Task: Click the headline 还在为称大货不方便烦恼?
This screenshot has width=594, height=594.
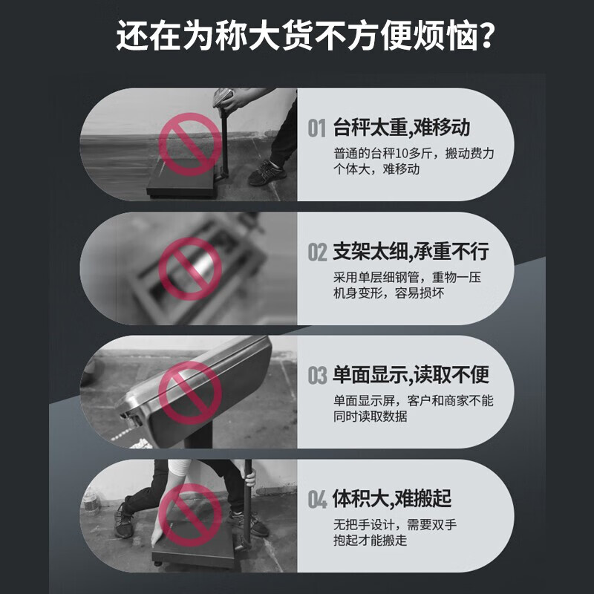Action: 297,36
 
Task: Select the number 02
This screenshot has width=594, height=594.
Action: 317,253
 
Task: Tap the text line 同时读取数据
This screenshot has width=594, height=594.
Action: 371,416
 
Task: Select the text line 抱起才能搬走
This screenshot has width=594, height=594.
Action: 371,540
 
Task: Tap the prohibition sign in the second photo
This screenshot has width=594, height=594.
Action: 189,269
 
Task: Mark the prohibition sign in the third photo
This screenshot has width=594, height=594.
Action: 189,392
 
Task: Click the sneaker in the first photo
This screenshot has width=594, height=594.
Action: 265,175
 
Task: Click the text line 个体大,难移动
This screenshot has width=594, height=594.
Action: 376,169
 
